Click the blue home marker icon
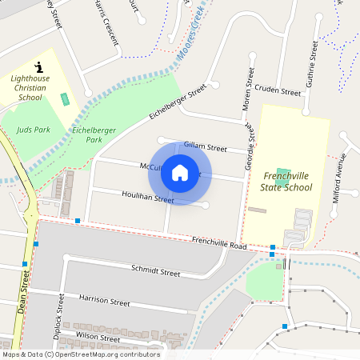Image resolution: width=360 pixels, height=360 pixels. [x=180, y=173]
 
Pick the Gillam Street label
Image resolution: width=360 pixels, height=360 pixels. [x=206, y=147]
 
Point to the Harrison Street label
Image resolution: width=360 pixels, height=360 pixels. [x=104, y=302]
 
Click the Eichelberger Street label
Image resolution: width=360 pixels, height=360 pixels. [x=178, y=102]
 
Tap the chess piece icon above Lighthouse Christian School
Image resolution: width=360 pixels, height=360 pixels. [x=38, y=66]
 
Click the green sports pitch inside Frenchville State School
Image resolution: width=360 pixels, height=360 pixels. [x=283, y=174]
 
